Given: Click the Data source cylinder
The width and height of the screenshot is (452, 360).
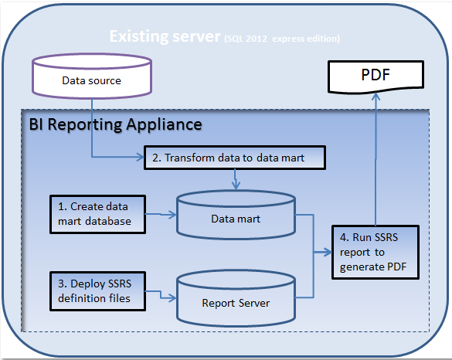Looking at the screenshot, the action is [92, 76].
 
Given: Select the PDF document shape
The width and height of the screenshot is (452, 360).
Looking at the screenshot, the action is [376, 76].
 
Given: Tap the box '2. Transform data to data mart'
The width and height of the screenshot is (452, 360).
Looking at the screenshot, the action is [235, 158].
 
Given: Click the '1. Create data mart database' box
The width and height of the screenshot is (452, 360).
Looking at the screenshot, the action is [97, 214].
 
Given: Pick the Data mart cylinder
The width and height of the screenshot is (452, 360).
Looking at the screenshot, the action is [236, 215].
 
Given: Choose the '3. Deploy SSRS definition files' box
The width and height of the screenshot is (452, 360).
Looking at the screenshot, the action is [97, 291].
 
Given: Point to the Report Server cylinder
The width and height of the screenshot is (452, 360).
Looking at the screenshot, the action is [236, 298].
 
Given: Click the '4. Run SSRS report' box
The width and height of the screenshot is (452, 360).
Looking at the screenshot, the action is [376, 252].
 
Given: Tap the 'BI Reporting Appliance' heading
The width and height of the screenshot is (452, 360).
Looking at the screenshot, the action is [116, 124].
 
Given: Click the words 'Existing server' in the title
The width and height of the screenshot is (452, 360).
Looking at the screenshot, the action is [165, 36].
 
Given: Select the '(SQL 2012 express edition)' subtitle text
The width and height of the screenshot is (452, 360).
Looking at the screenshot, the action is [282, 39].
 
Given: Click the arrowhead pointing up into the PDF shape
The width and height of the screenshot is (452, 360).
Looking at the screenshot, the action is [376, 97].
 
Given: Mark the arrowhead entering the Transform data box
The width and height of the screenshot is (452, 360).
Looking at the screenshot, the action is [141, 157].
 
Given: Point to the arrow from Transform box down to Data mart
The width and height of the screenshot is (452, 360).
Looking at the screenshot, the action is [236, 179].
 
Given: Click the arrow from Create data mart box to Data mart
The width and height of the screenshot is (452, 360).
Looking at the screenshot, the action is [161, 214].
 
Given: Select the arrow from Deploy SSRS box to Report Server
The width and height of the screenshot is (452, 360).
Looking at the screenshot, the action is [161, 295].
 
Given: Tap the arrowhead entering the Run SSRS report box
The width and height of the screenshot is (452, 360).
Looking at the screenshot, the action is [328, 252].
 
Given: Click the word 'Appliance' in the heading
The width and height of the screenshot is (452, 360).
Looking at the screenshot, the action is [164, 124].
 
